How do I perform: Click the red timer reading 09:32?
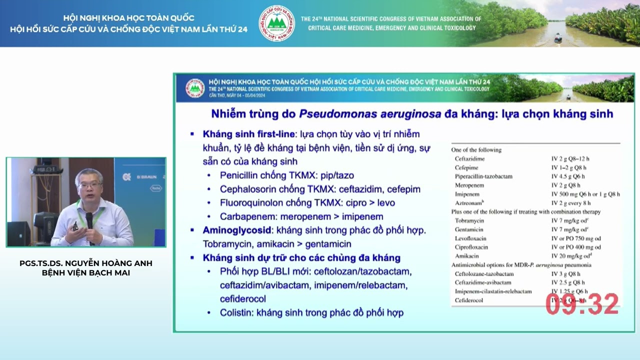(x=582, y=304)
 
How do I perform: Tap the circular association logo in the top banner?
(x=276, y=23)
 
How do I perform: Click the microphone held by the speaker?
(x=89, y=220)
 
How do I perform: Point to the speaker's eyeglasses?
(x=89, y=185)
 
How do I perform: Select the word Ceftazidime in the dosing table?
(x=469, y=158)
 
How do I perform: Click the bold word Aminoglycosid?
(x=237, y=230)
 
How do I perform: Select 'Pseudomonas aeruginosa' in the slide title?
(x=370, y=113)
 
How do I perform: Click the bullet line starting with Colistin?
(x=311, y=312)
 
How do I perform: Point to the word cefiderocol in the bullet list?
(x=242, y=299)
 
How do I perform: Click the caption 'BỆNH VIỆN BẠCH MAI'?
(x=86, y=273)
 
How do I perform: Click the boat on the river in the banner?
(x=558, y=38)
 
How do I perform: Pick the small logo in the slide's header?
(x=195, y=88)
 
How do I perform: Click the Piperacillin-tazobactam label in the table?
(x=483, y=176)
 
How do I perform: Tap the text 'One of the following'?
(x=476, y=149)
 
